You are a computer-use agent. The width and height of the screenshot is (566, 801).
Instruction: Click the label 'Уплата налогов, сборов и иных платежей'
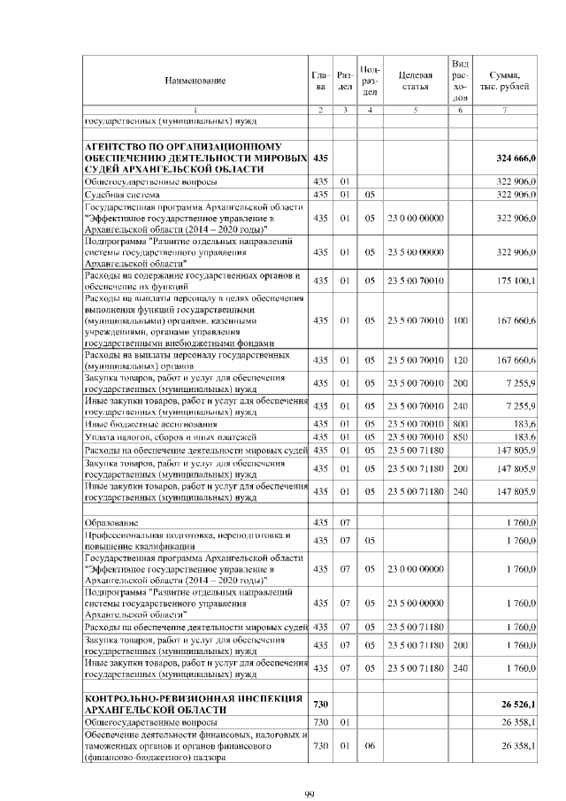tap(170, 437)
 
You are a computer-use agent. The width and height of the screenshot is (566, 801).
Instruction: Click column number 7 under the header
tap(504, 111)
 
